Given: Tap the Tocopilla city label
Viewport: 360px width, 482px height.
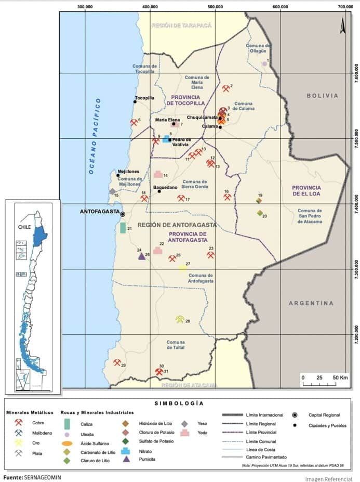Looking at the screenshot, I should point(144,97).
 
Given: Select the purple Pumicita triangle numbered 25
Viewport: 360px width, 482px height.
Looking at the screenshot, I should point(141,256).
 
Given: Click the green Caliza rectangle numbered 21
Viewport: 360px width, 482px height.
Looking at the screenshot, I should point(123,228).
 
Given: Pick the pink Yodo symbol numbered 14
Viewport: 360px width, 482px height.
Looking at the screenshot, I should point(158,175).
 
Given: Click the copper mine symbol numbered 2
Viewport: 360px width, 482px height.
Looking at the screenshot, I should point(225,88).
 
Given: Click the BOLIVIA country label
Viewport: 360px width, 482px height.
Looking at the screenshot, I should point(322,96).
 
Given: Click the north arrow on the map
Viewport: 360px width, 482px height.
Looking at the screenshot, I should point(343,26).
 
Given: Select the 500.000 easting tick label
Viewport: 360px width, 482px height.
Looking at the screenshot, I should point(215,7).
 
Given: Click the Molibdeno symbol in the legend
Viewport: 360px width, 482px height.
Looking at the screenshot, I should point(19,433).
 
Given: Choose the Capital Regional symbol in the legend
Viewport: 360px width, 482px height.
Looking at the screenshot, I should point(296,415).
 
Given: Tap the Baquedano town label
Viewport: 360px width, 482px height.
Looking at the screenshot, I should point(165,187).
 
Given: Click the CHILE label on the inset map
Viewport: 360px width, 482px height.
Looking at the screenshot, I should point(24,227).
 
